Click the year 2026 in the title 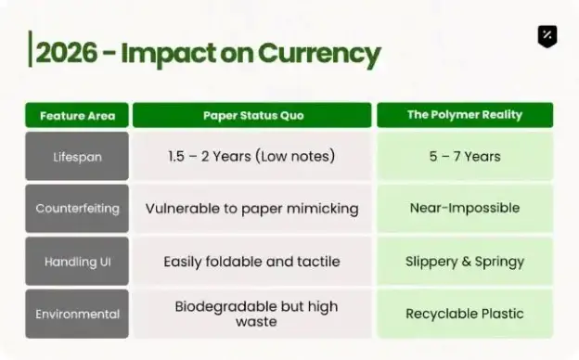pos(67,53)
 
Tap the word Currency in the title pos(319,54)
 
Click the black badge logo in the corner pos(547,36)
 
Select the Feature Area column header pos(77,116)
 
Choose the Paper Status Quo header pos(252,115)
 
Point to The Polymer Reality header pos(465,115)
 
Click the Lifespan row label pos(77,157)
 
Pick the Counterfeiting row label pos(77,209)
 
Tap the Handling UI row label pos(77,262)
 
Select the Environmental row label pos(77,314)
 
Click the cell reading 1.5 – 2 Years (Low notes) pos(252,156)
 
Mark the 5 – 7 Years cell pos(465,157)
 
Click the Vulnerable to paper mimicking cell pos(252,209)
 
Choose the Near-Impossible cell pos(465,208)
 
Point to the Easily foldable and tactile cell pos(252,262)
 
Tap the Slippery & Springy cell pos(465,262)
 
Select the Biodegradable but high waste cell pos(252,314)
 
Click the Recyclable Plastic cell pos(465,314)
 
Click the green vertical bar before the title pos(30,49)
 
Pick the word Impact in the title pos(168,54)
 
